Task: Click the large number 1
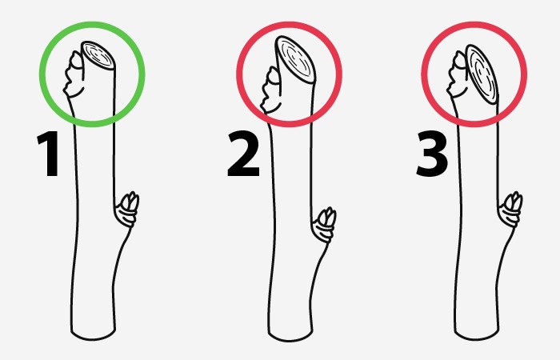coord(49,154)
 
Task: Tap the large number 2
coord(243,154)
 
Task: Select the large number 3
coord(432,154)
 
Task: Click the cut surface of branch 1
coord(98,55)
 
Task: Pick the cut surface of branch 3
coord(482,74)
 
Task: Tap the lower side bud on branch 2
coord(324,224)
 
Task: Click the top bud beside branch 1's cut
coord(74,74)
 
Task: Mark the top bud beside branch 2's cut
coord(272,90)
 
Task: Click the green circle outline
coord(40,74)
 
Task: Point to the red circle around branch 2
coord(237,74)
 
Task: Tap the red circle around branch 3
coord(422,74)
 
